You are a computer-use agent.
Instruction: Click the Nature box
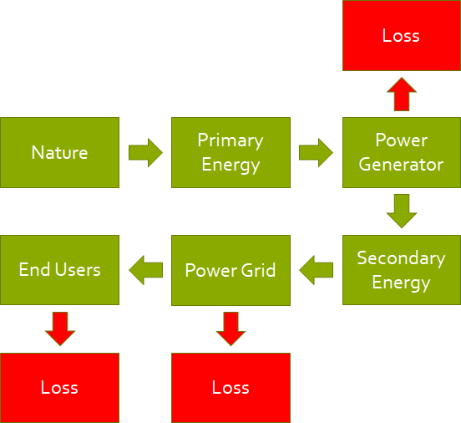click(59, 152)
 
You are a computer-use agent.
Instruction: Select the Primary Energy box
click(230, 152)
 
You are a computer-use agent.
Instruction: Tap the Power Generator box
click(401, 152)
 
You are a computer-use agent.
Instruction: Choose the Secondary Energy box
click(401, 270)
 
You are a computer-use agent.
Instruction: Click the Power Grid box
click(230, 270)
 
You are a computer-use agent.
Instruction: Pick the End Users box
click(59, 270)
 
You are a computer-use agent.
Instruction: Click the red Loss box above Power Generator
click(401, 35)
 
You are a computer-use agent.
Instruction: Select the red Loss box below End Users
click(59, 388)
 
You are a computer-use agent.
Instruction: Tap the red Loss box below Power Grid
click(230, 388)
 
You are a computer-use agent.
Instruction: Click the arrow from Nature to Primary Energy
click(145, 153)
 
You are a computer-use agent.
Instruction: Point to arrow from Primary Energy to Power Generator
click(316, 153)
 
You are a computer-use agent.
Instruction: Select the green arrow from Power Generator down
click(402, 211)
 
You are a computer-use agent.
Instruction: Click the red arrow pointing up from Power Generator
click(402, 94)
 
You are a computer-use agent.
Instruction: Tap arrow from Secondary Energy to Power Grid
click(316, 270)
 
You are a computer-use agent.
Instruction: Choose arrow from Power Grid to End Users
click(145, 270)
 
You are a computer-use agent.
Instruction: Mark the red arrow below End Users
click(60, 329)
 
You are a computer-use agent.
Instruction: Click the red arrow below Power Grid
click(231, 329)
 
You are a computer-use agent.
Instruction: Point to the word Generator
click(401, 165)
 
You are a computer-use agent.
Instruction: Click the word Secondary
click(401, 258)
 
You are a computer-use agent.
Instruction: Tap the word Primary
click(230, 140)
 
